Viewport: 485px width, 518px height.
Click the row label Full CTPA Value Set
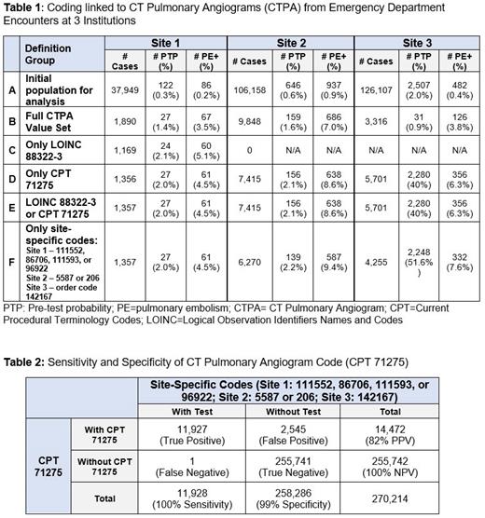(x=64, y=120)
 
